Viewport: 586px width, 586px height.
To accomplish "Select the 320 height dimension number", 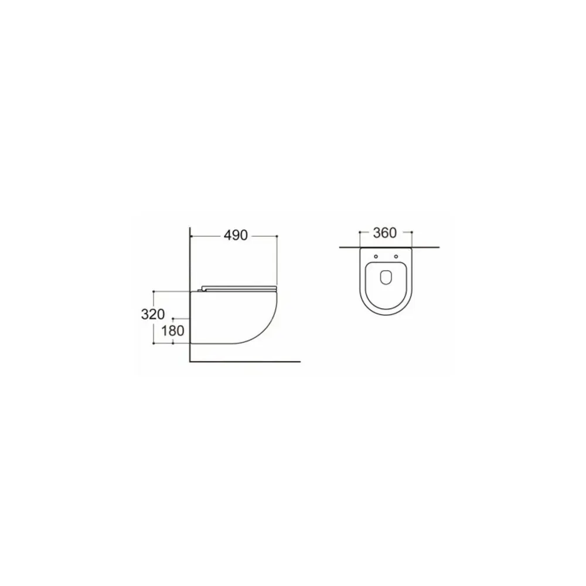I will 152,314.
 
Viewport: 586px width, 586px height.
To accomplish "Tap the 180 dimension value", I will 173,331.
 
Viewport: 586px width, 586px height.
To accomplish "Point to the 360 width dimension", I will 385,233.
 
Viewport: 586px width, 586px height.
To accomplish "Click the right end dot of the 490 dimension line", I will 277,236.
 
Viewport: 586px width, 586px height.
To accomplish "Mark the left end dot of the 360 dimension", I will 359,233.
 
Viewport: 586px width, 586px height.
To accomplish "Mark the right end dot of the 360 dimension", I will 413,233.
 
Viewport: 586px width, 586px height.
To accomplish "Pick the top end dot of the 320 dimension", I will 153,291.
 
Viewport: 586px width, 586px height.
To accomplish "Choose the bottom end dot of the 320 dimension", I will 153,343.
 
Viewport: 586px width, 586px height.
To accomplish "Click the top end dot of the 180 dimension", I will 173,317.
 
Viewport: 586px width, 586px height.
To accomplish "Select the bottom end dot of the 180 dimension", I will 173,343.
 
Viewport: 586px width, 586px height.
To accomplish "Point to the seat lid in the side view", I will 240,288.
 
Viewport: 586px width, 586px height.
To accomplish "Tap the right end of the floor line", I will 299,360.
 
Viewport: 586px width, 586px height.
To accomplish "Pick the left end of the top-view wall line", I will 340,248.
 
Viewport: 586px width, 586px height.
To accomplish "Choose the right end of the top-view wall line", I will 438,248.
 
